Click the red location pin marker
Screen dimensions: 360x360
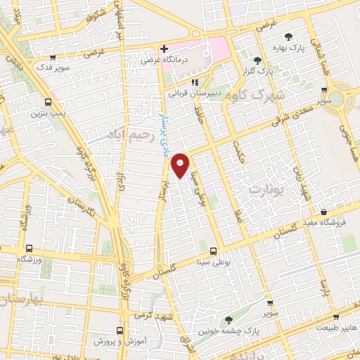[x=181, y=165]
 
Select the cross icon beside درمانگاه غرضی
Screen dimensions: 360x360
[x=164, y=49]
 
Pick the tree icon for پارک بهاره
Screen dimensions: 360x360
[x=287, y=37]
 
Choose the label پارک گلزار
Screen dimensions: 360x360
[x=258, y=71]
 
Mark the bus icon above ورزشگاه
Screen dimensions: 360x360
[x=29, y=249]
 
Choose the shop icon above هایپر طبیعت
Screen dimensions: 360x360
[x=335, y=317]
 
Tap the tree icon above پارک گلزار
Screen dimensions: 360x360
[x=258, y=60]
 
